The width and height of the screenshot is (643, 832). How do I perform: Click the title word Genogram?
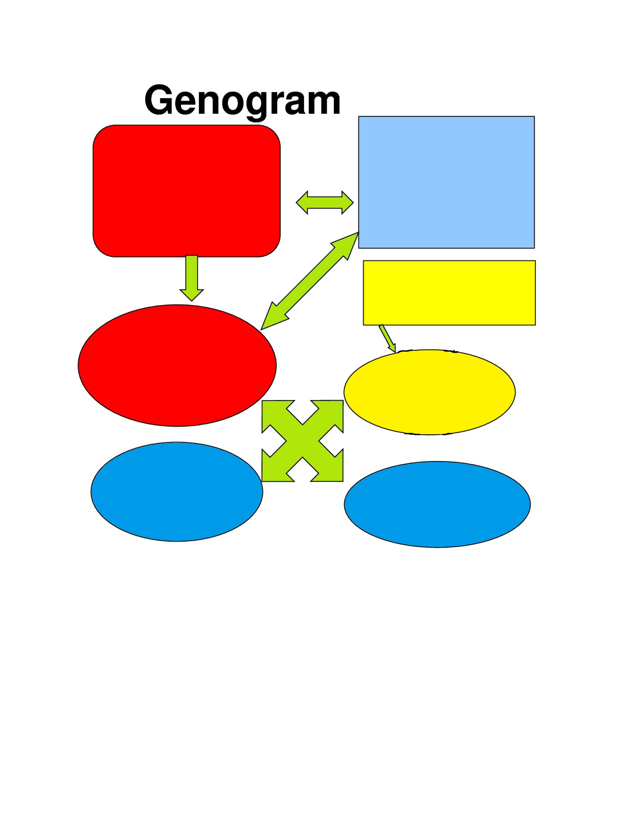[242, 101]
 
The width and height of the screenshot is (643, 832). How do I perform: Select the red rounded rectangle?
[186, 191]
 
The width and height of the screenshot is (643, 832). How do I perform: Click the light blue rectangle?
[446, 182]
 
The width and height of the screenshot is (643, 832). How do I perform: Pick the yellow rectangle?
[449, 293]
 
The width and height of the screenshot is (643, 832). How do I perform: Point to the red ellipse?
[177, 365]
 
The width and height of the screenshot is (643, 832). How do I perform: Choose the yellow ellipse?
[430, 392]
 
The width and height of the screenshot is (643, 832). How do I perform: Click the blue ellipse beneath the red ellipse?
[177, 491]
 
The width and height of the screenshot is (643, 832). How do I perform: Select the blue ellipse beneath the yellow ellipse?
[437, 504]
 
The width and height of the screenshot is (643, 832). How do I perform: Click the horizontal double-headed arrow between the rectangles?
[325, 203]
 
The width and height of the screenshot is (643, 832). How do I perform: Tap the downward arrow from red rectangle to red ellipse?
[192, 278]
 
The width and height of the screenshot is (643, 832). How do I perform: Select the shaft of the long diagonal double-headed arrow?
[310, 281]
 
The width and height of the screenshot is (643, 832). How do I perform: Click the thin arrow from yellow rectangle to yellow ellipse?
[388, 339]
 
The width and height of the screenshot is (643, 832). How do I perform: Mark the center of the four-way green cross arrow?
[303, 441]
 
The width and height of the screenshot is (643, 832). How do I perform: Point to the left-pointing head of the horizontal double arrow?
[302, 203]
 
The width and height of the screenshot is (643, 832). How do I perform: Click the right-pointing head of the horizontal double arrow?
[348, 203]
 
